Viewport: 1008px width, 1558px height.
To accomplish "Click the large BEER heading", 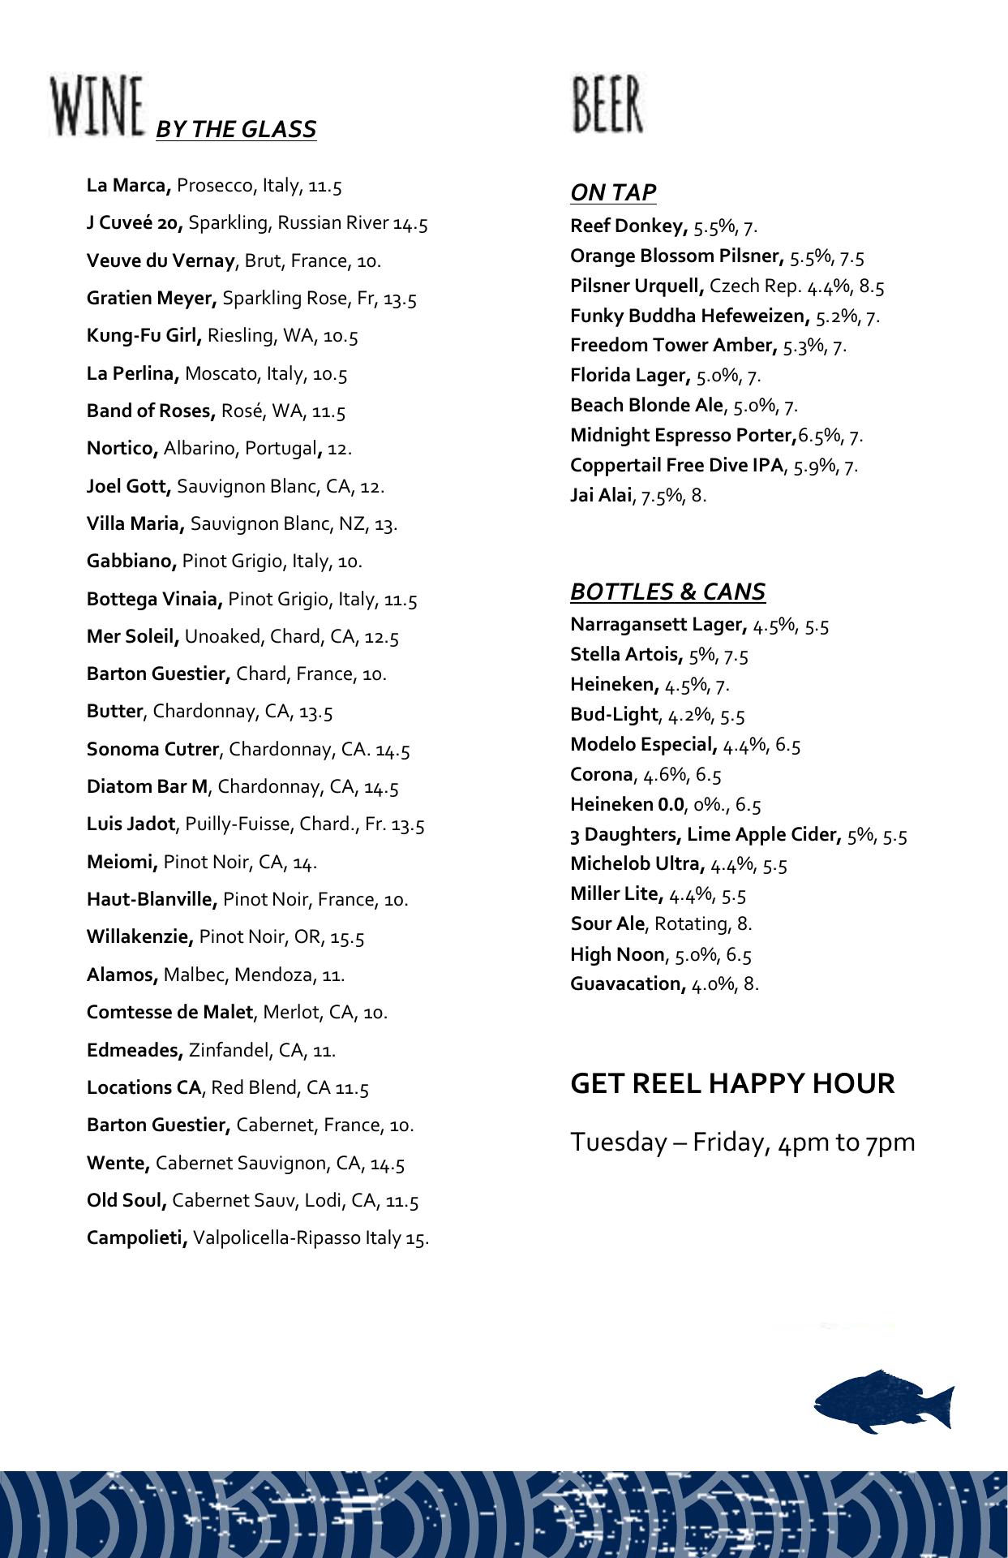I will pyautogui.click(x=607, y=105).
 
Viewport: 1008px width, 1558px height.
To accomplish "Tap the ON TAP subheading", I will pyautogui.click(x=613, y=192).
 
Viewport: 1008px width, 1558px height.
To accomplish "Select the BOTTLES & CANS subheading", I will pyautogui.click(x=667, y=592).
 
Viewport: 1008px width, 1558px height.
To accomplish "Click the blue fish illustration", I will pyautogui.click(x=883, y=1401).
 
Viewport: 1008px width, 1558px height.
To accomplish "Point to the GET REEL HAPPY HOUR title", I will pyautogui.click(x=732, y=1083).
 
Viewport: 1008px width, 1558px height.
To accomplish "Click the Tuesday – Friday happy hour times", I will pyautogui.click(x=742, y=1142).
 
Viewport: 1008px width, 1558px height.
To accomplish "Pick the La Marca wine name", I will pyautogui.click(x=128, y=186).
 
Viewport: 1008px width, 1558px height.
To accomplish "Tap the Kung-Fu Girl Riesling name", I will pyautogui.click(x=144, y=336).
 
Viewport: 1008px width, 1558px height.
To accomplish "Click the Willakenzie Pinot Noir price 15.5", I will pyautogui.click(x=347, y=938).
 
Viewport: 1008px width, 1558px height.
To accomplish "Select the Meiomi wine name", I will pyautogui.click(x=122, y=862).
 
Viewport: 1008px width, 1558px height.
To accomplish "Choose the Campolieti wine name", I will pyautogui.click(x=137, y=1238).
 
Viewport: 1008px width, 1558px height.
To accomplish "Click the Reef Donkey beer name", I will pyautogui.click(x=628, y=226).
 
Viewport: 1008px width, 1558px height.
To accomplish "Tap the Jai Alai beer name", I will pyautogui.click(x=600, y=495).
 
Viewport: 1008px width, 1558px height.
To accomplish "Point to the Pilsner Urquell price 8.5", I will pyautogui.click(x=872, y=286).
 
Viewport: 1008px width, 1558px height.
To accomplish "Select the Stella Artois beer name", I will pyautogui.click(x=626, y=654).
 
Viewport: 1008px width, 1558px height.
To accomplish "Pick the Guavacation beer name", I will pyautogui.click(x=628, y=983).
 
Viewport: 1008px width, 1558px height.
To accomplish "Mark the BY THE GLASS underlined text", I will pyautogui.click(x=235, y=130).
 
